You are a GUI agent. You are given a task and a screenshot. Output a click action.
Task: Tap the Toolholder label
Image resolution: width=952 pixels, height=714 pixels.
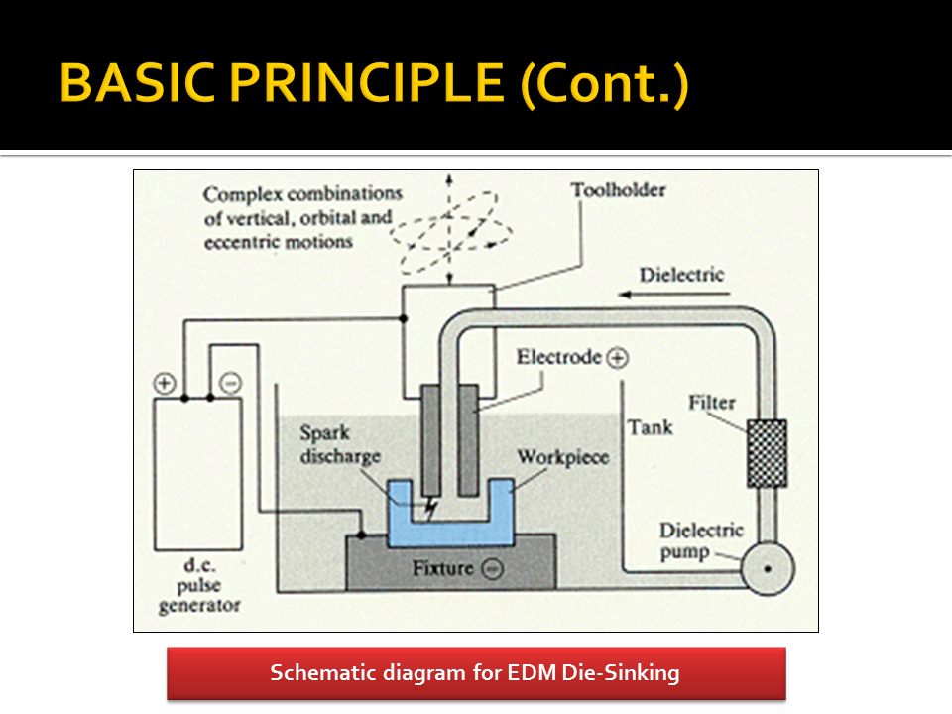point(618,189)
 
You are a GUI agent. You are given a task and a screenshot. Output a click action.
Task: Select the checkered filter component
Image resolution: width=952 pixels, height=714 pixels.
point(767,453)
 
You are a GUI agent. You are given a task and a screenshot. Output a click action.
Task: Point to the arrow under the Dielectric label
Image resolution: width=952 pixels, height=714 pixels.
point(670,295)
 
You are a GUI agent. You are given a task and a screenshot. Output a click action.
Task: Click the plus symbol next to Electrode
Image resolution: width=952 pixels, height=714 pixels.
point(617,357)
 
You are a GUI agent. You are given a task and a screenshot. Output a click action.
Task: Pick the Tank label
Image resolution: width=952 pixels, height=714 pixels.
point(650,427)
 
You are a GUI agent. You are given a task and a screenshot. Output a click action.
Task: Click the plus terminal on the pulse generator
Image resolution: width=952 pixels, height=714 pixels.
point(166,383)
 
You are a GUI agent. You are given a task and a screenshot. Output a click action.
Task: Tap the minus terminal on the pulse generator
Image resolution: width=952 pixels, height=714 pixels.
point(230,383)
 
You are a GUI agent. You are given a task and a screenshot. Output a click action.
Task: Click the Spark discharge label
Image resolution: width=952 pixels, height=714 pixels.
point(340,442)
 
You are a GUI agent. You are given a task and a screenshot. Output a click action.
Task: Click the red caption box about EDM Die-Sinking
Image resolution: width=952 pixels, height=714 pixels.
point(476,673)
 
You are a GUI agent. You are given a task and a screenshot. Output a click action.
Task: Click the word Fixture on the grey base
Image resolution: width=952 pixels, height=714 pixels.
point(443,569)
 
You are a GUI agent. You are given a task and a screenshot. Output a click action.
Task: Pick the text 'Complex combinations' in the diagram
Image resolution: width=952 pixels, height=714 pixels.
point(302,193)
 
